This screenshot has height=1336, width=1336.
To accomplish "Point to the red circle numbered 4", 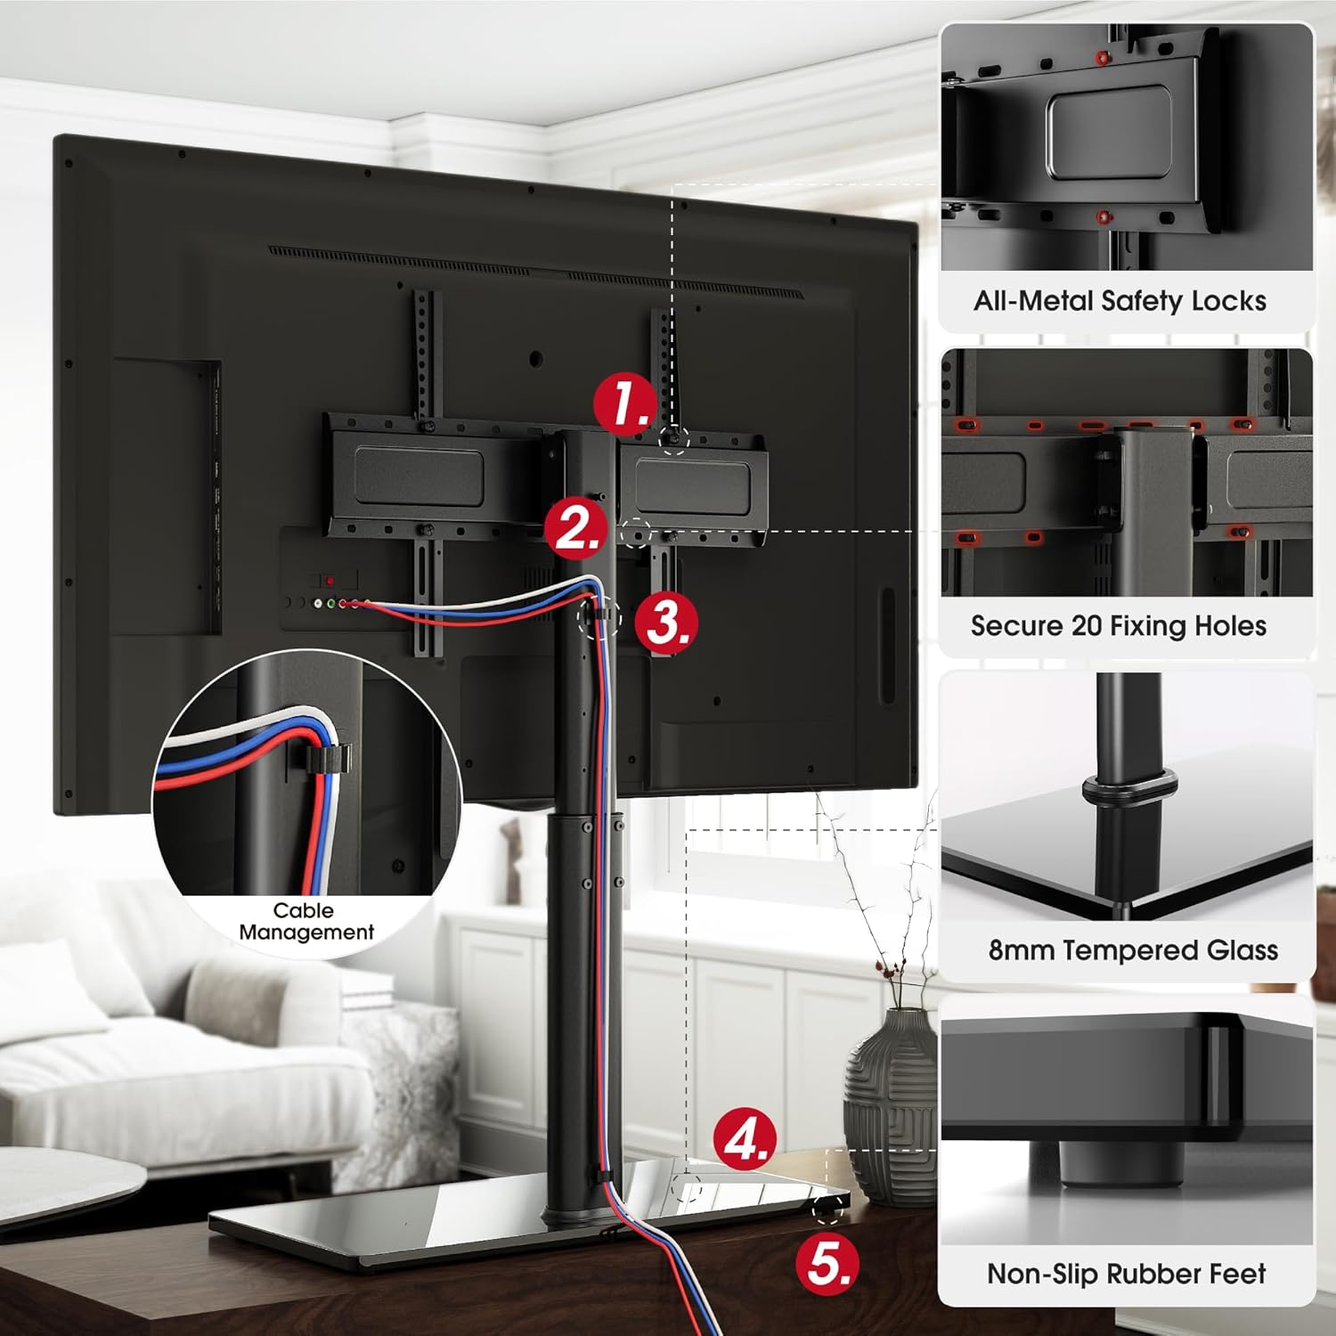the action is (x=745, y=1139).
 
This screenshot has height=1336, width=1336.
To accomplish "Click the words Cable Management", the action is (x=305, y=922).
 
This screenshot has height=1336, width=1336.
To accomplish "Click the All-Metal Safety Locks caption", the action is (x=1120, y=301).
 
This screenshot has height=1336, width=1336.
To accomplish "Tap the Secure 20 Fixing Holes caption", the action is (x=1119, y=626).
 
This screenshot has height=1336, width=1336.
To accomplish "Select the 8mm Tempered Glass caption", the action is (x=1133, y=950).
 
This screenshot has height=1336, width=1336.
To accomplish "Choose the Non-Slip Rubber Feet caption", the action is (x=1126, y=1274).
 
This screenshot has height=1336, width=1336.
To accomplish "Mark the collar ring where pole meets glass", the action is (x=1129, y=792).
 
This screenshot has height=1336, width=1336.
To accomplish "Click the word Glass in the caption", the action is (x=1242, y=950).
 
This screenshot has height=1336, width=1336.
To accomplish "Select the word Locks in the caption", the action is (x=1228, y=301).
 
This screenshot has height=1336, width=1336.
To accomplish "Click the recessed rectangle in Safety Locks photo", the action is (x=1108, y=131).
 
